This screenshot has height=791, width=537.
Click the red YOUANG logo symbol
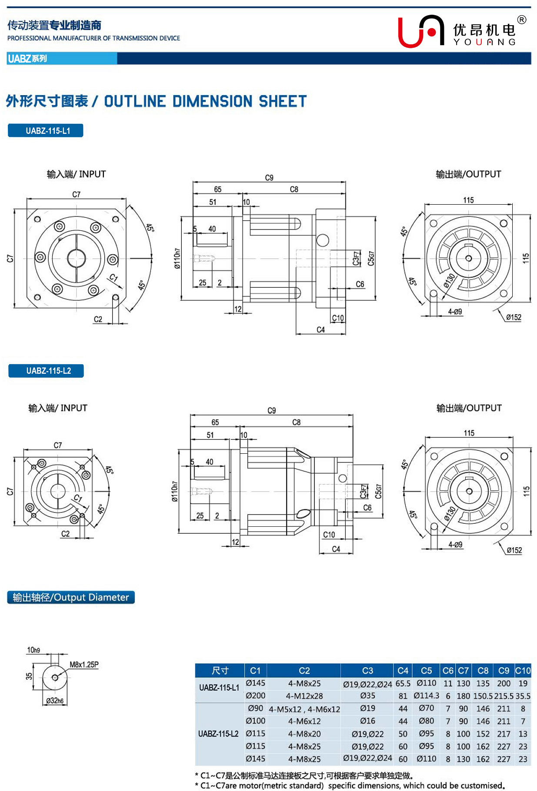420,31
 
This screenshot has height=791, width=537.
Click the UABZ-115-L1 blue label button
46,131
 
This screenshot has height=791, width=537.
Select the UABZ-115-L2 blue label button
46,371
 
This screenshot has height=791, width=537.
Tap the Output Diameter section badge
71,597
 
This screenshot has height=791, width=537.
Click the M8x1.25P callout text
84,665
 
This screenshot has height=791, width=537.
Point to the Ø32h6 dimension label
55,701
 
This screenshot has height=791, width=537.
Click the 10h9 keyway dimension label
33,650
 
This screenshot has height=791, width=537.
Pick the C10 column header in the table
523,671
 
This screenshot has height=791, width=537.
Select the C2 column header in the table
304,671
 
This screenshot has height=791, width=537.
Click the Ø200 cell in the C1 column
255,696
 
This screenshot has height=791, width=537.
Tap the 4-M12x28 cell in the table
304,696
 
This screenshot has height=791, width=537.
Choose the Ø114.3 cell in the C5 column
426,696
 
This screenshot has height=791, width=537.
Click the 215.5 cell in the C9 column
504,696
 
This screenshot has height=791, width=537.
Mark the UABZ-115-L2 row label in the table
218,734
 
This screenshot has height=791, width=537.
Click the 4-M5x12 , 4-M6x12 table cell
304,709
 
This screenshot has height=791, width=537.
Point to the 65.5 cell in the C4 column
403,684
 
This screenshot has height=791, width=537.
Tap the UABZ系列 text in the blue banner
27,59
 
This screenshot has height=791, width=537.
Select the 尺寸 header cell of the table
220,671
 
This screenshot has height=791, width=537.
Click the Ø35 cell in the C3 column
367,696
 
